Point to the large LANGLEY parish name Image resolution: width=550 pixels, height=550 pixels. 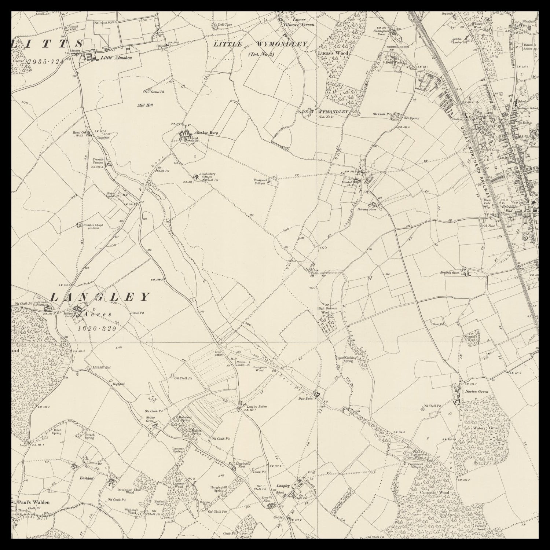(100, 297)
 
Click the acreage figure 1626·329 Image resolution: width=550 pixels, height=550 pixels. (97, 329)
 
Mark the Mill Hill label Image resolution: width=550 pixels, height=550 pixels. (145, 105)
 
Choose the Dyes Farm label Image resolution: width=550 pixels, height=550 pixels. (305, 399)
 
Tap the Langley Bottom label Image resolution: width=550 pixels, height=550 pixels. (257, 407)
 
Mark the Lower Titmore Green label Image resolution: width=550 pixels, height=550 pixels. (299, 22)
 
